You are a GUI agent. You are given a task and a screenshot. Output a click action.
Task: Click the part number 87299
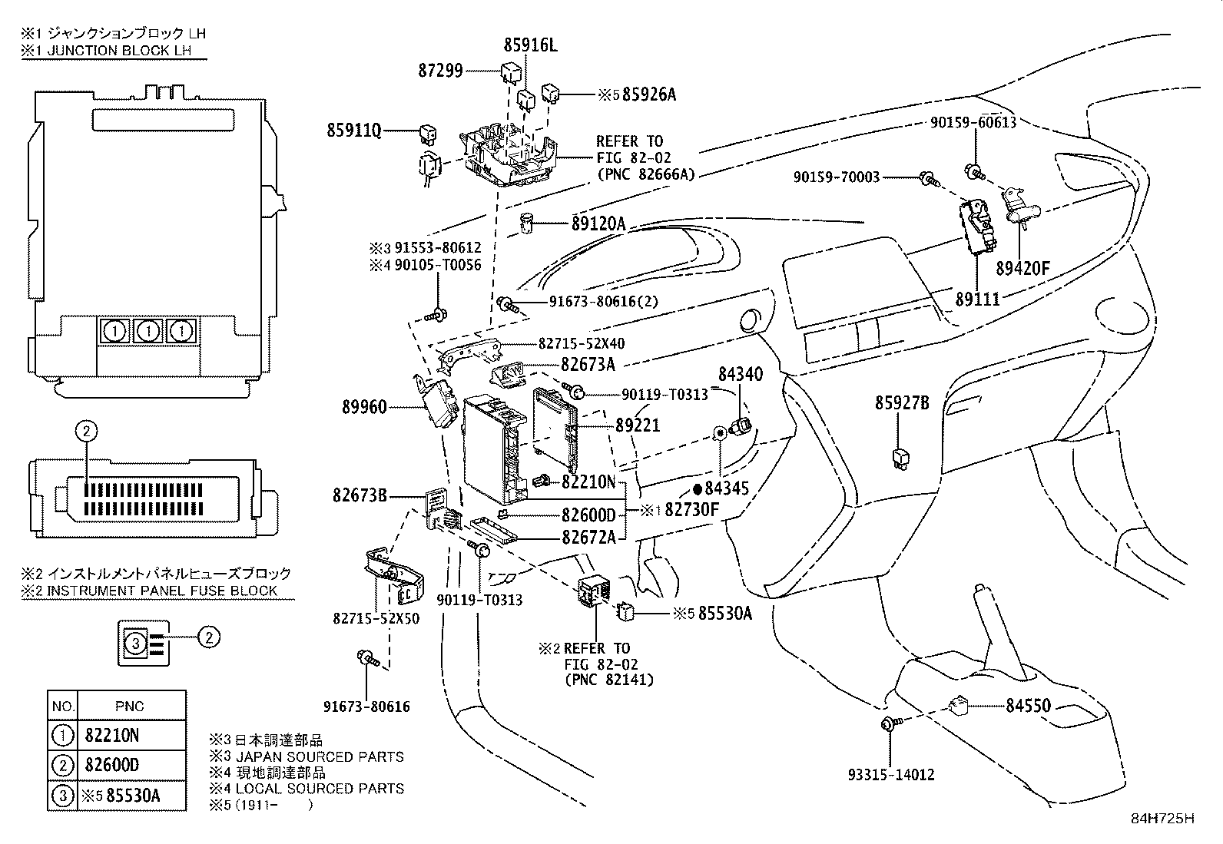441,71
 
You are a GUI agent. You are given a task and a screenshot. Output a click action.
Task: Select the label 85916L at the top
530,46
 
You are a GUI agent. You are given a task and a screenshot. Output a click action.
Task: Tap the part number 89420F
1022,269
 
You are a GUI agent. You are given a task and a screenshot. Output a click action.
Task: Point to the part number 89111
977,300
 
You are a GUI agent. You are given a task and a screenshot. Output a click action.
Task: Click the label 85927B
902,403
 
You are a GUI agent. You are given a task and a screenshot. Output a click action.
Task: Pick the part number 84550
1028,706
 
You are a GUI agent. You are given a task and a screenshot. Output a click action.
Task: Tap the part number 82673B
360,496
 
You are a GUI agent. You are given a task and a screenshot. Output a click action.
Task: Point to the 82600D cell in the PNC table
112,765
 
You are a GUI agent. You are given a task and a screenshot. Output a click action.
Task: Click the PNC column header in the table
130,706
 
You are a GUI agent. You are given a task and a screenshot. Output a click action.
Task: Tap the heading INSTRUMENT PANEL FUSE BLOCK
150,591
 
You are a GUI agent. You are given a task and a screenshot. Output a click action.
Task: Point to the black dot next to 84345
698,488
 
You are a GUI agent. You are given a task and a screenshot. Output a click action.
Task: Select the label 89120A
598,224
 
